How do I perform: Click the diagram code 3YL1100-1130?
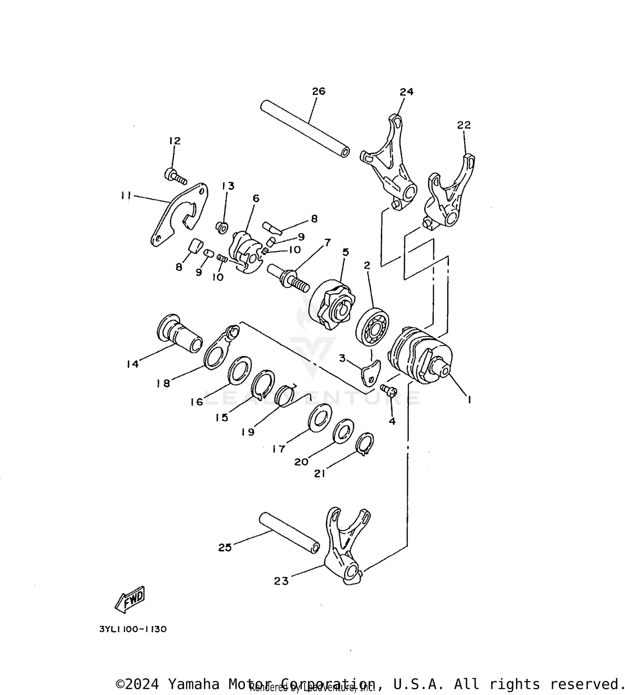click(133, 629)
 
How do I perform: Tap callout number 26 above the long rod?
click(318, 91)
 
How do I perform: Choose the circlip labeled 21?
click(365, 444)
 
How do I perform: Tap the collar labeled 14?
click(180, 334)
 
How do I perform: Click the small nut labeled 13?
click(222, 227)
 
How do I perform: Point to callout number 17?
click(278, 449)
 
